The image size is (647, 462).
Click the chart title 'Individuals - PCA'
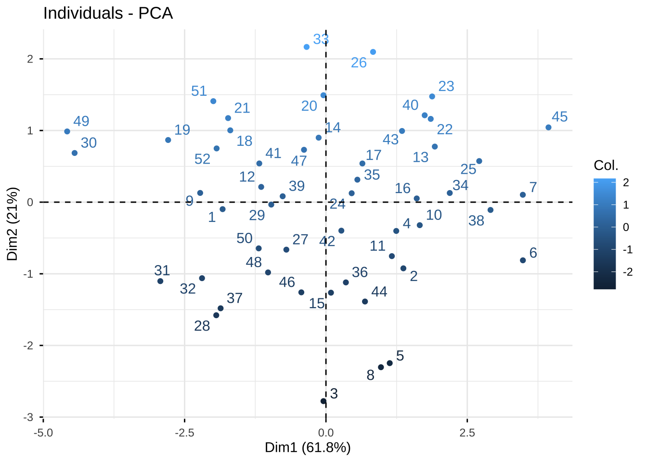(108, 13)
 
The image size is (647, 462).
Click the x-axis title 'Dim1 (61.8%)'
(308, 448)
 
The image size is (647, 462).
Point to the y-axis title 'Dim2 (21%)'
(13, 224)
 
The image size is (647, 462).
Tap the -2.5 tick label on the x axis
(184, 432)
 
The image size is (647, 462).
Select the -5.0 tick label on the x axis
(43, 432)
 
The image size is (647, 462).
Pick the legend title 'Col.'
(606, 166)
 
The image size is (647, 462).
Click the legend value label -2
(628, 272)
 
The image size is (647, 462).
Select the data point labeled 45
(548, 128)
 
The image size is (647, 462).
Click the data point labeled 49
(67, 131)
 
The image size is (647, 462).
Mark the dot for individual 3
(323, 401)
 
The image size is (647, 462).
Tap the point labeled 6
(523, 260)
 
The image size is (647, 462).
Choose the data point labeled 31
(160, 281)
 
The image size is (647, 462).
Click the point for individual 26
(373, 52)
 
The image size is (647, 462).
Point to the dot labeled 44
(365, 302)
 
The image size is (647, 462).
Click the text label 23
(446, 86)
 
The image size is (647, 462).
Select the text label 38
(476, 221)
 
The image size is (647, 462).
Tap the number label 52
(202, 159)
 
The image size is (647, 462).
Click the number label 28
(202, 326)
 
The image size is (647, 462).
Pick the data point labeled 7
(523, 195)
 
